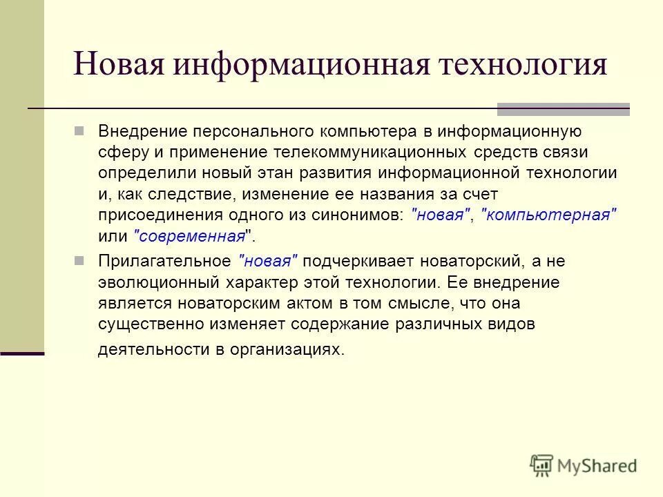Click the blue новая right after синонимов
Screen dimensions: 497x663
pyautogui.click(x=441, y=215)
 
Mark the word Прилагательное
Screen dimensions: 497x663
pyautogui.click(x=164, y=261)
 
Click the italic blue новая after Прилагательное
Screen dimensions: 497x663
pyautogui.click(x=267, y=261)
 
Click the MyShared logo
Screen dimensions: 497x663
pyautogui.click(x=584, y=465)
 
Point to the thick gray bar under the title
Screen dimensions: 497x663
pyautogui.click(x=563, y=109)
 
